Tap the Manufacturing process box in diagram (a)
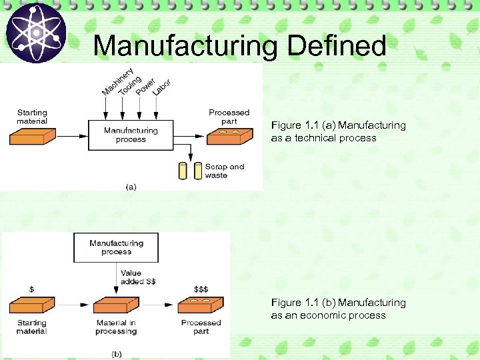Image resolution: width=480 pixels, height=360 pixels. click(x=131, y=135)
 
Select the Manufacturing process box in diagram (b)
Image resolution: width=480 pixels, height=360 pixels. click(x=116, y=247)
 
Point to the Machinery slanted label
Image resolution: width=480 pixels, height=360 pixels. click(x=117, y=80)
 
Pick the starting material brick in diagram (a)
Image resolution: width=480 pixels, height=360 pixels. click(x=38, y=136)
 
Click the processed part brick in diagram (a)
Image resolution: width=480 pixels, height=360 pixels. click(x=229, y=137)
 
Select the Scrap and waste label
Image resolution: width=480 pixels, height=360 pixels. click(x=224, y=171)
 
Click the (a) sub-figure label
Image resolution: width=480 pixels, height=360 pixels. click(x=131, y=187)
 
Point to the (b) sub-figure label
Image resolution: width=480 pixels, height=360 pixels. click(x=116, y=352)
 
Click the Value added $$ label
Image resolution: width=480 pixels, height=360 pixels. click(x=139, y=277)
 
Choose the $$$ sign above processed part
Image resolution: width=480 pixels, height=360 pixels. click(x=201, y=289)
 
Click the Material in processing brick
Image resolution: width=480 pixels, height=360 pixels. click(x=117, y=306)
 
